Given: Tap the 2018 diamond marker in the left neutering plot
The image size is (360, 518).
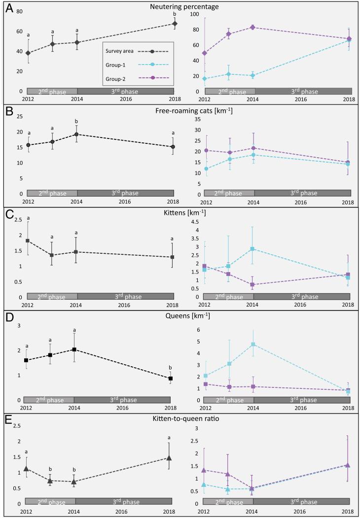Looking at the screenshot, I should (175, 24).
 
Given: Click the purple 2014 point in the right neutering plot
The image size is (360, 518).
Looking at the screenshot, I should (253, 28).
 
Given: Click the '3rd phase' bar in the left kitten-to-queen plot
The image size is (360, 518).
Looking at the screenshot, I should (124, 501).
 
